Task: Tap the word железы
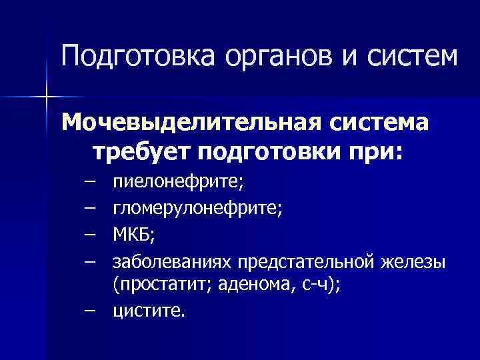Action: (x=413, y=261)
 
